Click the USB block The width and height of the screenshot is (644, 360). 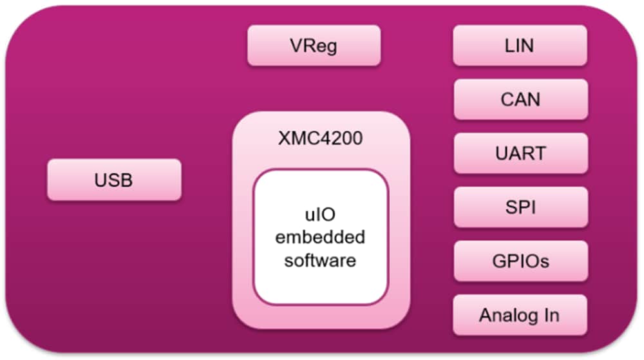[114, 180]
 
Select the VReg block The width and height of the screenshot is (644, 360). [314, 46]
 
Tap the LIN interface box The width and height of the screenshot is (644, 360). [520, 46]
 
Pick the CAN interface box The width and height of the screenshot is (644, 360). [520, 99]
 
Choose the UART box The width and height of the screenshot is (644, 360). [520, 153]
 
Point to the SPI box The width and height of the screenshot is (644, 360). [520, 207]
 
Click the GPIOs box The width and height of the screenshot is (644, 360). [520, 261]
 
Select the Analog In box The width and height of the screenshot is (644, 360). [520, 315]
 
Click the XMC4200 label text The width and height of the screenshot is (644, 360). [321, 138]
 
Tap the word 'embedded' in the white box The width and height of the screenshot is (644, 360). [320, 237]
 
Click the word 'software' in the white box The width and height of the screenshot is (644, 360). [320, 260]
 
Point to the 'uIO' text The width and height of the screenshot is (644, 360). [320, 214]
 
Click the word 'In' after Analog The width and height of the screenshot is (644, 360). [551, 316]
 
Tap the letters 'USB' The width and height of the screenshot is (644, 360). [113, 180]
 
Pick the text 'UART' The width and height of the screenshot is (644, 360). [520, 154]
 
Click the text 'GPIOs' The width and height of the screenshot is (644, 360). [520, 261]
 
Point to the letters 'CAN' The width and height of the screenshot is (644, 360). [520, 100]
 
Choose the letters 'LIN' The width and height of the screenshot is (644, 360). [520, 46]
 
